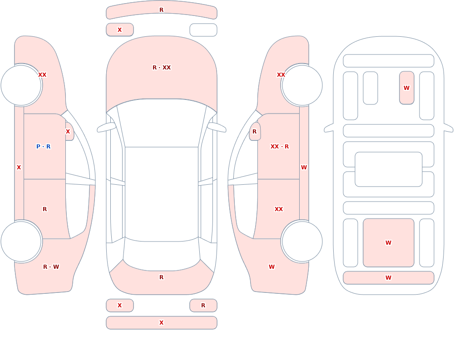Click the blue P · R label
tap(44, 147)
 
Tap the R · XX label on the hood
tap(162, 68)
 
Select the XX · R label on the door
tap(279, 147)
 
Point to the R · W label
tap(51, 267)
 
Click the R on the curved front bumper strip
tap(162, 10)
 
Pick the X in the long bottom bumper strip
tap(162, 323)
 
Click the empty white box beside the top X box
tap(203, 30)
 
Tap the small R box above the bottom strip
tap(203, 306)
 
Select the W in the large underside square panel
tap(388, 243)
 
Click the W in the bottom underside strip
tap(388, 278)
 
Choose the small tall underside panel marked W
tap(406, 88)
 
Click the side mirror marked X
tap(69, 132)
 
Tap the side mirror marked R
tap(255, 132)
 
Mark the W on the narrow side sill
tap(304, 168)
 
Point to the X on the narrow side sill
tap(19, 168)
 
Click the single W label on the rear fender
tap(271, 267)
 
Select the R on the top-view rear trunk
tap(162, 277)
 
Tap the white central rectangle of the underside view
tap(389, 169)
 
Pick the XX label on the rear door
tap(279, 209)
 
